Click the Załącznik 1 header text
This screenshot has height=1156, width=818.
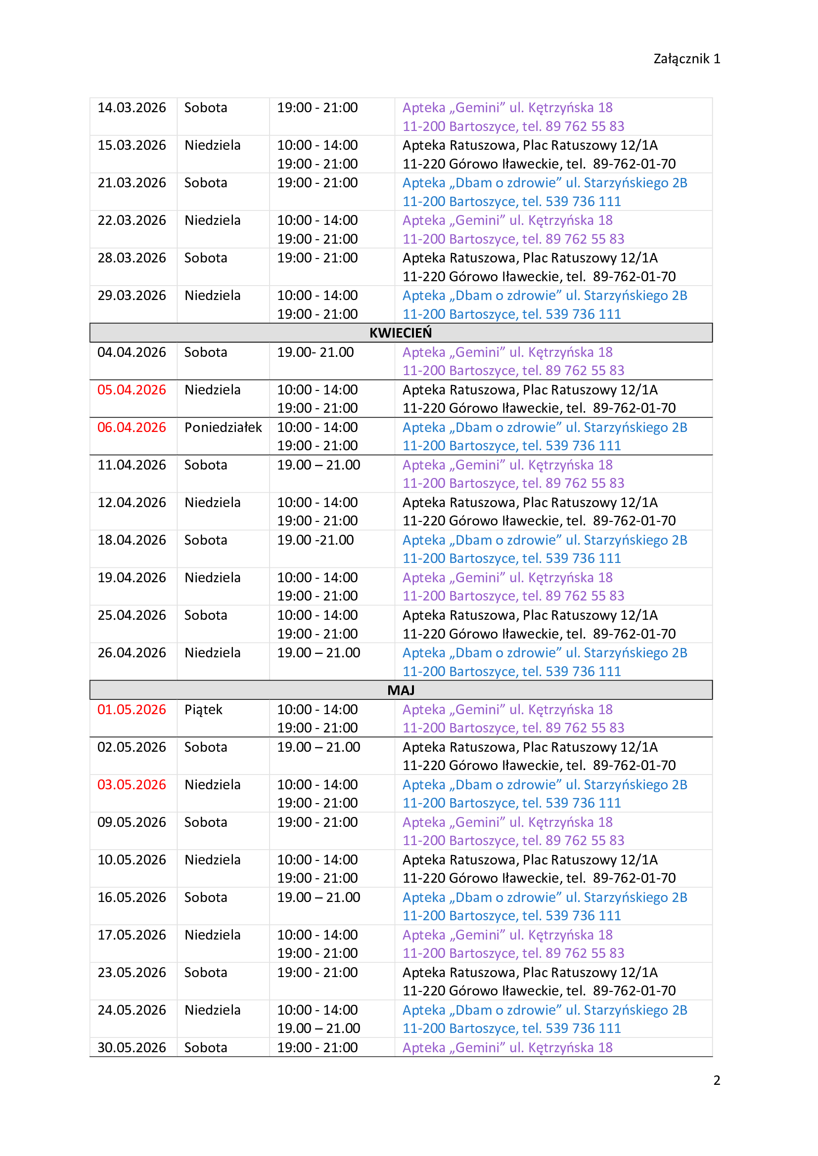click(x=686, y=59)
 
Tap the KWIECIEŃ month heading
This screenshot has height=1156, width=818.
click(x=401, y=333)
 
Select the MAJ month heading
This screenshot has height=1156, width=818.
click(x=401, y=690)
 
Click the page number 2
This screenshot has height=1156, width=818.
click(x=717, y=1080)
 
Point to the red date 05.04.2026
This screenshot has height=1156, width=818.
click(x=132, y=389)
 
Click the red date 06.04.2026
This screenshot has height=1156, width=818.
click(x=132, y=428)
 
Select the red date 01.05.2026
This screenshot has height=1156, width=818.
click(x=132, y=709)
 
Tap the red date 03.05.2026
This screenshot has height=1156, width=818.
click(x=132, y=784)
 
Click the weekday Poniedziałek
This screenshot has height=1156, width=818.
click(x=223, y=428)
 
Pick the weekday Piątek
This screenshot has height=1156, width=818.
click(x=203, y=710)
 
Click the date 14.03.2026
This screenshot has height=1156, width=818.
click(x=132, y=108)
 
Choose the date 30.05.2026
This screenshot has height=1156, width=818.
click(x=132, y=1047)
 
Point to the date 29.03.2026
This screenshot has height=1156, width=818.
click(x=132, y=296)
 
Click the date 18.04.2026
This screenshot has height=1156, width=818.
click(x=132, y=540)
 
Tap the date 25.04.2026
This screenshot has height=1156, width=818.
click(x=132, y=615)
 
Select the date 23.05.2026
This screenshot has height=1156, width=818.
click(x=132, y=972)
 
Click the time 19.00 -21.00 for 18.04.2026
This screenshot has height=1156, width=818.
click(x=316, y=540)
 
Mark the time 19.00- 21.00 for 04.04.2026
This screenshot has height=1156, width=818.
click(x=316, y=352)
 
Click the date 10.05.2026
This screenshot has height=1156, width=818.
click(x=132, y=859)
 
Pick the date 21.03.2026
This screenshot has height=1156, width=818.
click(x=132, y=183)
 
